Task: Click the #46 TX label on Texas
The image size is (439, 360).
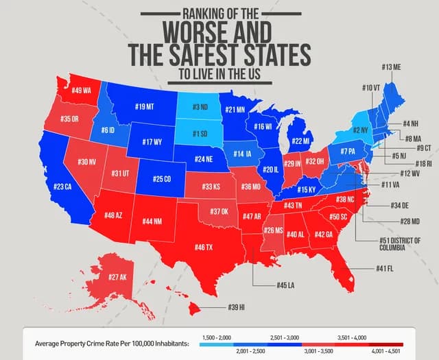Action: pos(204,247)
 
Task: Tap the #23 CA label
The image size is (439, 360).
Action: pos(62,187)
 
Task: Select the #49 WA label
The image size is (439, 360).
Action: pos(81,91)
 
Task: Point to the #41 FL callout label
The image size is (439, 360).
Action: pos(384,268)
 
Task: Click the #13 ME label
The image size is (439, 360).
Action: pos(392,67)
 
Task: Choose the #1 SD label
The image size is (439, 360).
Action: pos(200,134)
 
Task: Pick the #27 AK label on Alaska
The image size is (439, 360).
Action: pos(118,277)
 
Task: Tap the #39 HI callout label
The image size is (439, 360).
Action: pos(237,307)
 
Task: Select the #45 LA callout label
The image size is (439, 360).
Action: pos(286,285)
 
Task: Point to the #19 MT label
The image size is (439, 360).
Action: pos(144,107)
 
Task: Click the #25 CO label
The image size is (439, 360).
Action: pos(162,179)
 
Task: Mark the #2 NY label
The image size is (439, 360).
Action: pos(360,130)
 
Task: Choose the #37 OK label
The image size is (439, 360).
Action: pos(219,212)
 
